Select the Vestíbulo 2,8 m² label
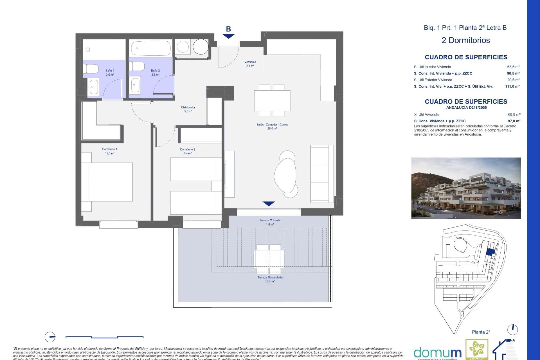tap(250, 64)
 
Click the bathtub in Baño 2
tap(151, 48)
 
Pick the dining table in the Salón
tap(272, 101)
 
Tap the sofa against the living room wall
tap(322, 174)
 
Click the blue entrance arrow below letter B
tap(228, 36)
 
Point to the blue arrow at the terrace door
tap(269, 204)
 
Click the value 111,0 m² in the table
tap(512, 86)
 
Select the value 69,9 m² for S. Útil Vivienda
tap(514, 114)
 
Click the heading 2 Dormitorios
tap(465, 40)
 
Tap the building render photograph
tap(466, 188)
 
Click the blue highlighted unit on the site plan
tap(490, 252)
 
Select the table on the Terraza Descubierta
tap(269, 259)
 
